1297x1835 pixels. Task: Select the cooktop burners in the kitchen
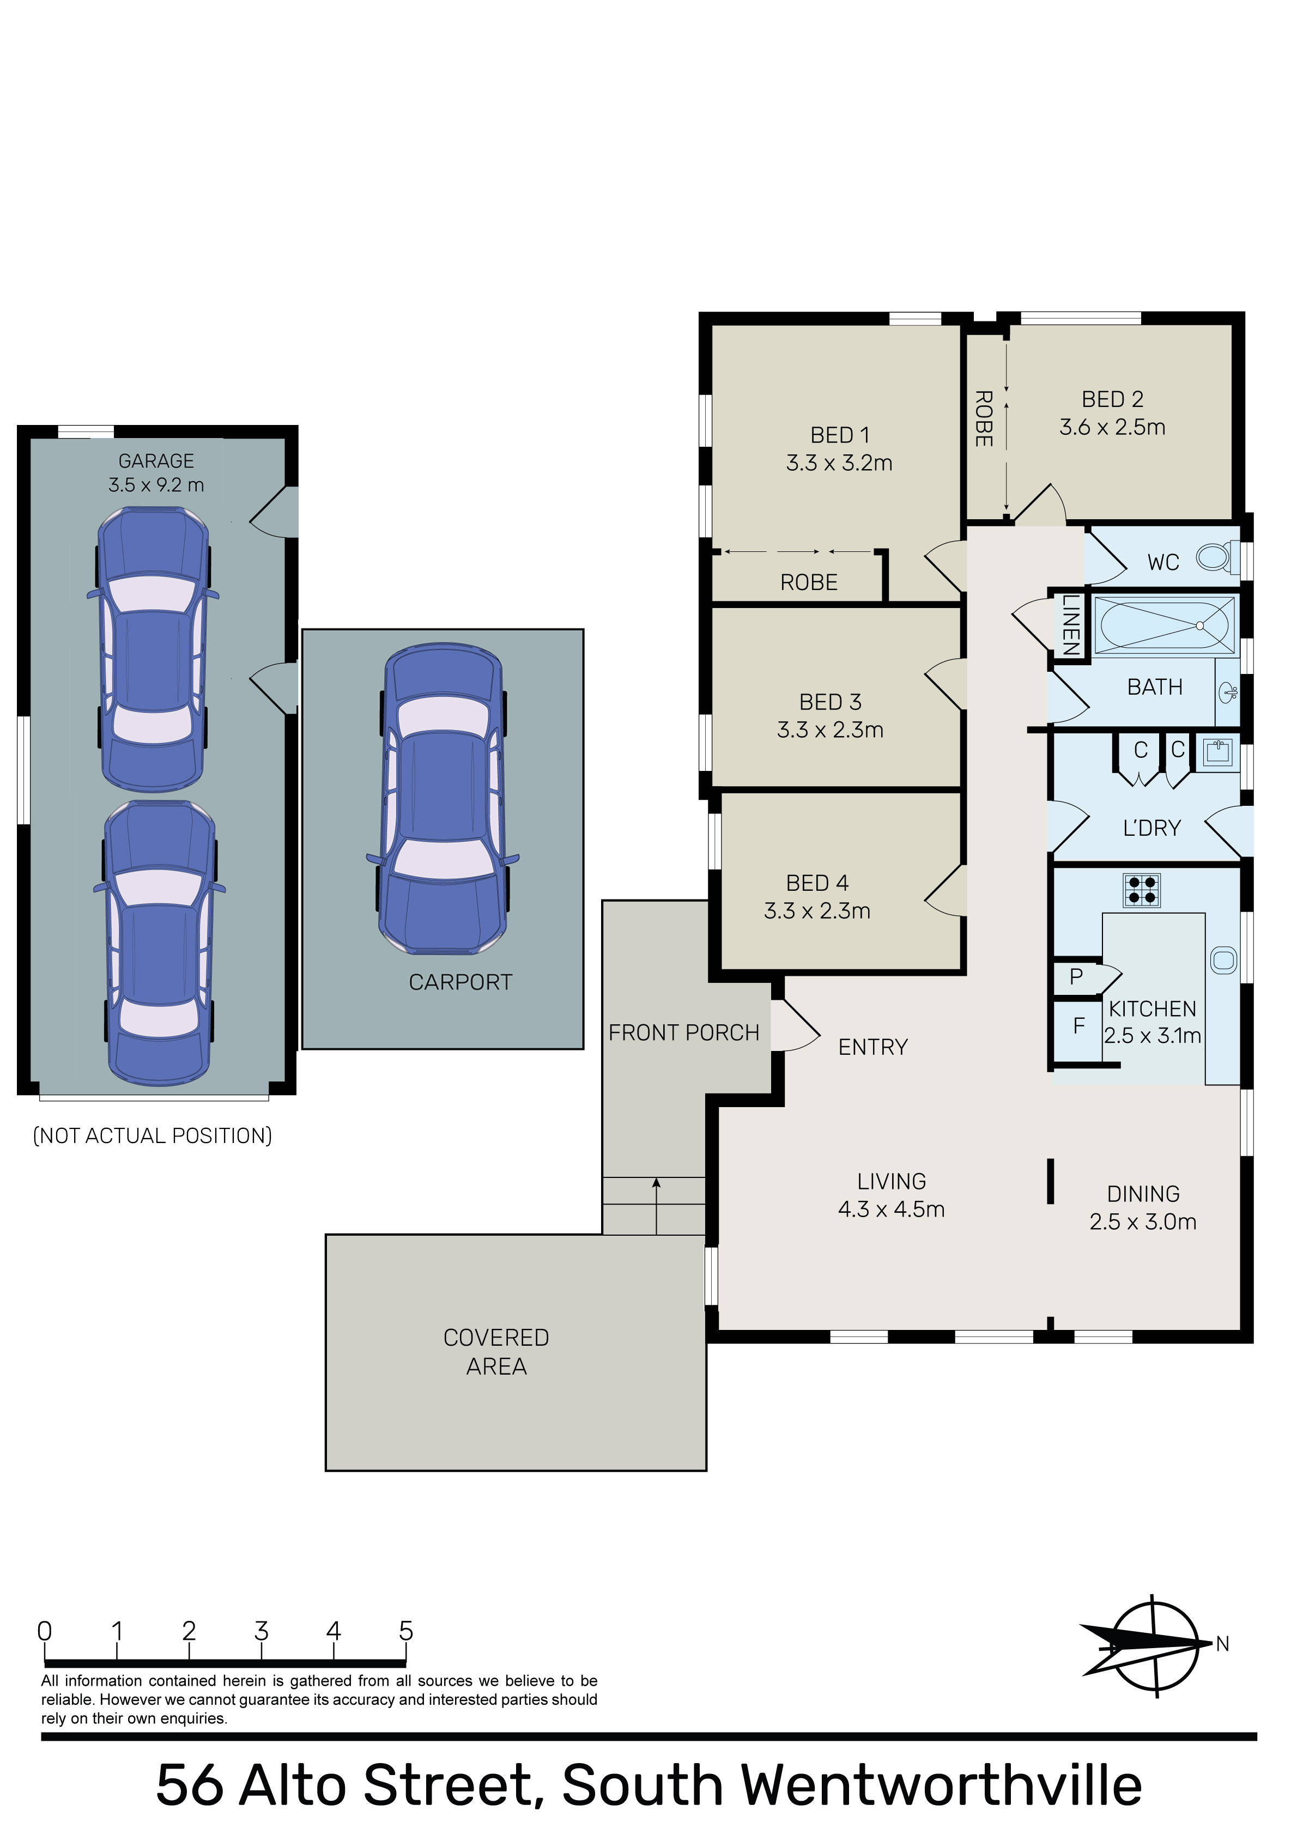(x=1141, y=890)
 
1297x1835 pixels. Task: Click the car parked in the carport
(x=443, y=799)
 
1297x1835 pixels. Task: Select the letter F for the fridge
(x=1078, y=1025)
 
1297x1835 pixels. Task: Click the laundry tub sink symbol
(x=1219, y=752)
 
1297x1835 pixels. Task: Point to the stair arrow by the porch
(x=657, y=1206)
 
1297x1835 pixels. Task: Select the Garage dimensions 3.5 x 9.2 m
(x=157, y=485)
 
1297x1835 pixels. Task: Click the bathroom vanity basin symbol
(x=1228, y=692)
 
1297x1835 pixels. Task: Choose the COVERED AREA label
(x=496, y=1352)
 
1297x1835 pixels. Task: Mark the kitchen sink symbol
(x=1223, y=959)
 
